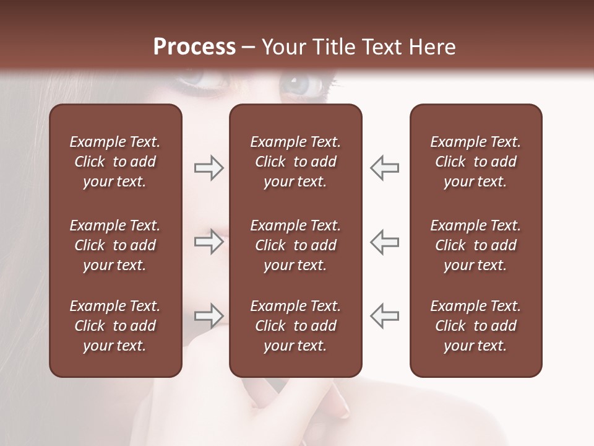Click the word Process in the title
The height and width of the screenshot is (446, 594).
tap(194, 47)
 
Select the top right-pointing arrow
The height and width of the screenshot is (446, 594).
tap(209, 168)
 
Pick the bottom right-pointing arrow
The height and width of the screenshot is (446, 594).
tap(209, 316)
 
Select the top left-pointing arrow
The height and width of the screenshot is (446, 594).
tap(385, 168)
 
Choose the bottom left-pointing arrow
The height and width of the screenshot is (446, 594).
tap(385, 316)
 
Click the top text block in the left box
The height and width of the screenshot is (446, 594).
tap(115, 162)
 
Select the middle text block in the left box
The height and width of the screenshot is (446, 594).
tap(115, 245)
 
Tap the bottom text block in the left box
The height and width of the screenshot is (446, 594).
tap(115, 326)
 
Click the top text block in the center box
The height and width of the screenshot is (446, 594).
tap(295, 162)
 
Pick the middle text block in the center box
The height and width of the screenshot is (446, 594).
tap(295, 245)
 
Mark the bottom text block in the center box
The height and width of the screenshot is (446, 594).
tap(295, 326)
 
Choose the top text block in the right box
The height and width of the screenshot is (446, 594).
tap(475, 162)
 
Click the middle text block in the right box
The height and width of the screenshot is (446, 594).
tap(475, 245)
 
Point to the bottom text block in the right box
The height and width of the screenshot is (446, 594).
tap(475, 326)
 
